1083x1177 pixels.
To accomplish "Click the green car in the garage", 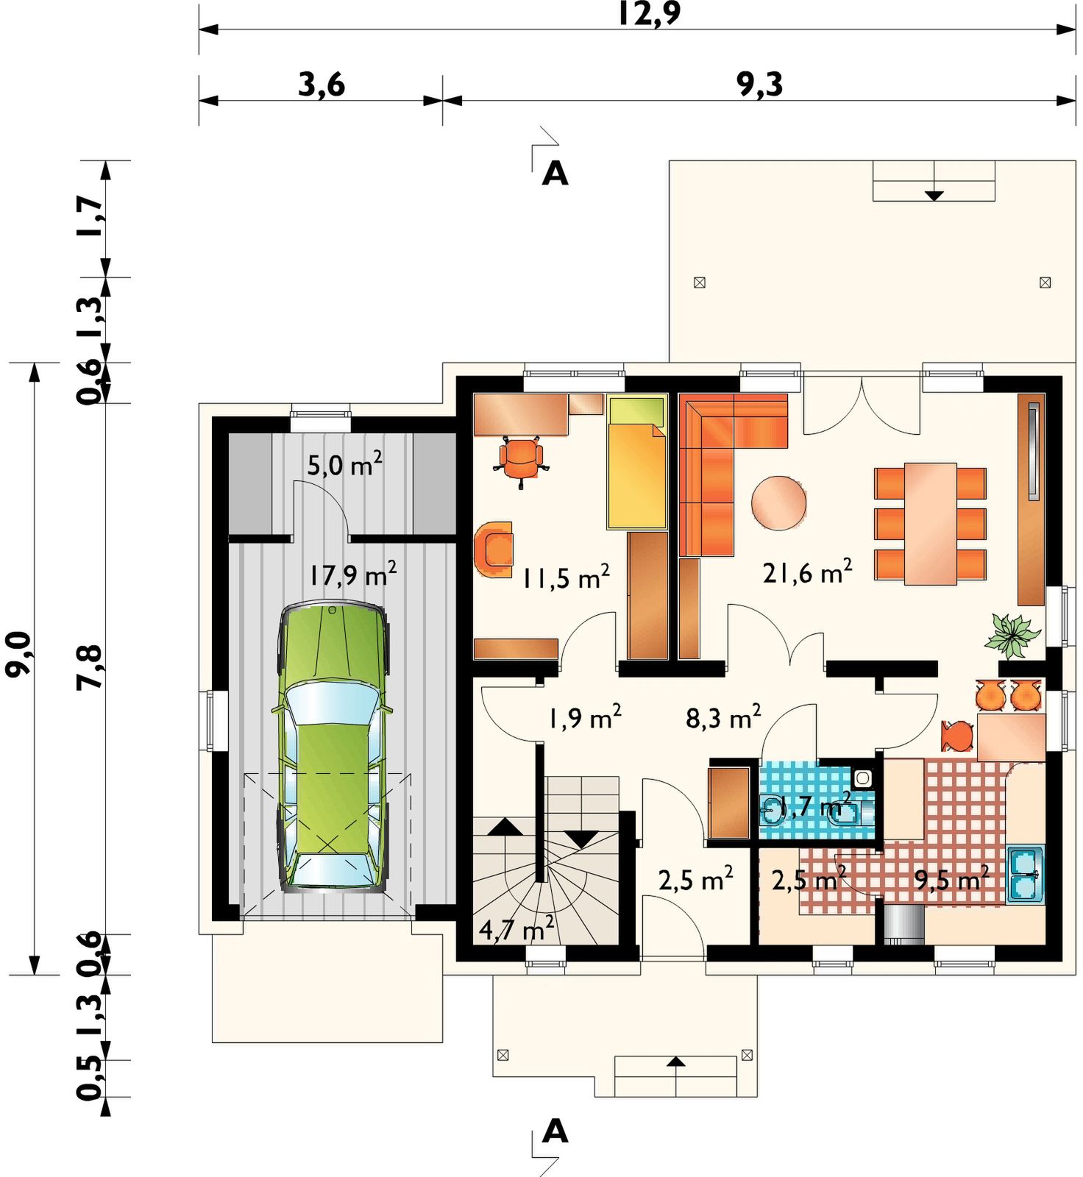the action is click(x=333, y=747).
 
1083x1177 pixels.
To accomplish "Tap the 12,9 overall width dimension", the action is click(x=649, y=14).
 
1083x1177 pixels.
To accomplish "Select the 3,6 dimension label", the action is click(x=322, y=85).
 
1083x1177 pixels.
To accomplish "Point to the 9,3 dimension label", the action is click(x=760, y=85).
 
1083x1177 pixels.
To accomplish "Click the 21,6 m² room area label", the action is click(x=807, y=572).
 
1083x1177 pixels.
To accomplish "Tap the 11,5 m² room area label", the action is click(x=566, y=577).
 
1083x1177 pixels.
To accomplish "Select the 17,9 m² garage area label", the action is click(x=352, y=574).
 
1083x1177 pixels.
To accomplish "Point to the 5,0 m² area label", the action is click(x=344, y=464).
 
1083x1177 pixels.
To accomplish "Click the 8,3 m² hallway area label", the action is click(x=723, y=717).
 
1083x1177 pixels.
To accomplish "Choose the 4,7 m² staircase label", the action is click(x=516, y=929).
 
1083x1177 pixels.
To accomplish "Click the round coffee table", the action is click(x=778, y=503).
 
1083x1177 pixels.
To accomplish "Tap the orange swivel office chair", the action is click(x=522, y=461).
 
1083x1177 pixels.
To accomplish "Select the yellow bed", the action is click(x=637, y=461).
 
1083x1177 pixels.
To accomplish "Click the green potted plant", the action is click(x=1013, y=634).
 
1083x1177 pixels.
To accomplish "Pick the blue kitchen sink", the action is click(x=1025, y=874).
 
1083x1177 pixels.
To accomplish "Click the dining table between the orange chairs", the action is click(x=930, y=524).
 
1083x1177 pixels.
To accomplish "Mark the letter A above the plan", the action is click(x=555, y=174).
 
